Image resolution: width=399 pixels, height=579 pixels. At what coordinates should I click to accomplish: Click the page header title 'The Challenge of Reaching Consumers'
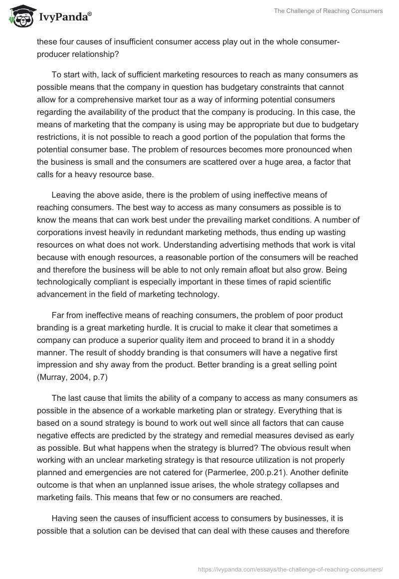pos(329,11)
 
